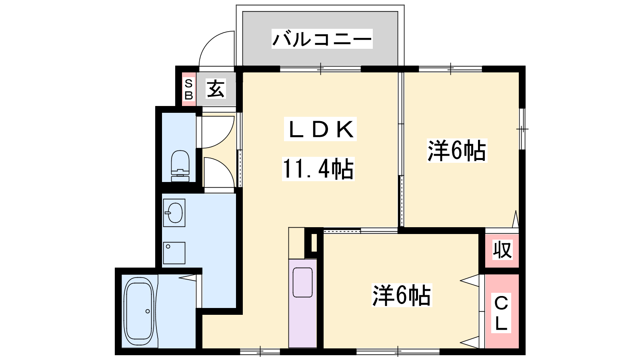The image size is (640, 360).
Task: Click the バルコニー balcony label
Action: coord(322,39)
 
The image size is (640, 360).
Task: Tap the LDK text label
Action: coord(320,129)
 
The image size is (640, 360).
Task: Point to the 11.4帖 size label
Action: coord(318,169)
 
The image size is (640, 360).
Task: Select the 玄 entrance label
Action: coord(216,88)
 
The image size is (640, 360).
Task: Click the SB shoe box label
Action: coord(188,90)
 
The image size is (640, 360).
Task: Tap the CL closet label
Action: coord(501,313)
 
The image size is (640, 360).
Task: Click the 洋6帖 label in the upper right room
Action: coord(457,150)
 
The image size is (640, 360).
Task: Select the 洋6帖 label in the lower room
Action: coord(402,296)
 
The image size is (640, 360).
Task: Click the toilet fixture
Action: coord(180,166)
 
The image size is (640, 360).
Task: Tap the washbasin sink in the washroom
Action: coord(174,212)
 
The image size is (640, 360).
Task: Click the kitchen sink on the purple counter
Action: coord(302,282)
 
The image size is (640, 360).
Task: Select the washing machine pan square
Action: coord(174,253)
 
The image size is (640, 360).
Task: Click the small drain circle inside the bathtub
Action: coord(148,311)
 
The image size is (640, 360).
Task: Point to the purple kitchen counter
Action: coord(302,304)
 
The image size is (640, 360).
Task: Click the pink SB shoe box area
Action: coord(188,90)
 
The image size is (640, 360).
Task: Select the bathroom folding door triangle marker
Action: coord(188,278)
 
